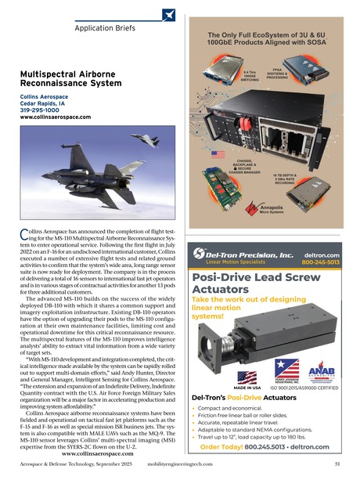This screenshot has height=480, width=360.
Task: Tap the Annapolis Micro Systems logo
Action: tap(272, 209)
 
